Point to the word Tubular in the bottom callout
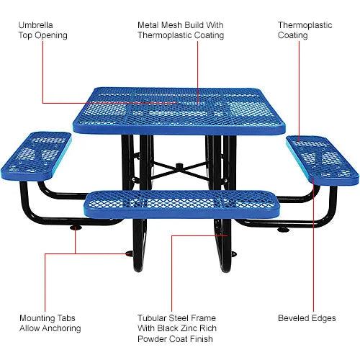pyautogui.click(x=153, y=318)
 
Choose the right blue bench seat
pyautogui.click(x=322, y=157)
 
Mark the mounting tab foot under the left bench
pyautogui.click(x=75, y=229)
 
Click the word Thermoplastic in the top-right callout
pyautogui.click(x=305, y=24)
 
